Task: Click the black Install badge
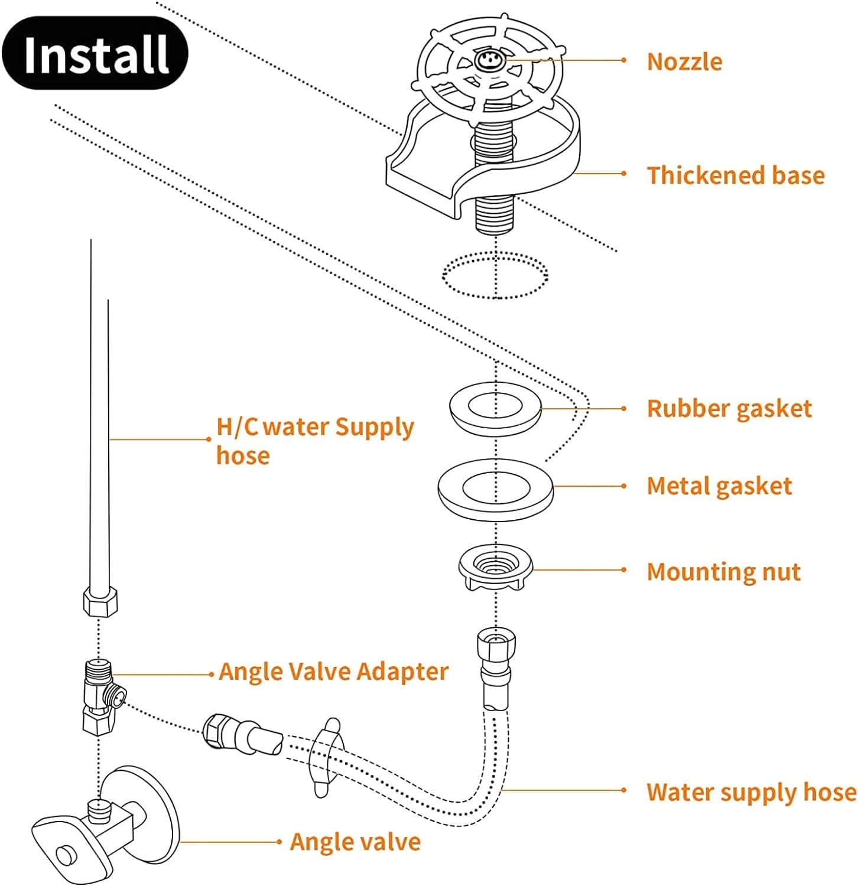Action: click(x=95, y=53)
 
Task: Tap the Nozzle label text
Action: click(x=684, y=61)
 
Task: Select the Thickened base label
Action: click(x=735, y=175)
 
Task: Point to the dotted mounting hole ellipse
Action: click(x=495, y=275)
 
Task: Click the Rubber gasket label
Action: click(x=729, y=409)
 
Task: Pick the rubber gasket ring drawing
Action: click(x=495, y=408)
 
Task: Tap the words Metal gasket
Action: click(x=719, y=486)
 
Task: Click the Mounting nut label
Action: click(x=723, y=572)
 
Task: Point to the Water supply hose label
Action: click(x=750, y=792)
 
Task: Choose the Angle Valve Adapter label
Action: click(x=333, y=672)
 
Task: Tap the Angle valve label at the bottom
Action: click(x=355, y=842)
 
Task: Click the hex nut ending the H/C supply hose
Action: click(x=99, y=601)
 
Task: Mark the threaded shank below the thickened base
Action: click(x=495, y=213)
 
